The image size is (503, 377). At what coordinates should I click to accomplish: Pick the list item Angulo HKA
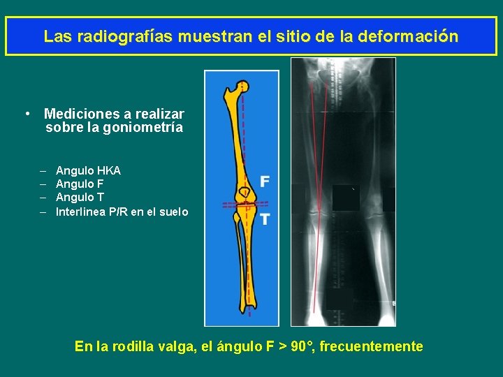pyautogui.click(x=88, y=170)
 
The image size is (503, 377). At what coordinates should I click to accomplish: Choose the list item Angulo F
pyautogui.click(x=80, y=184)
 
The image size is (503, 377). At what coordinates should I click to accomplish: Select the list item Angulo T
pyautogui.click(x=80, y=198)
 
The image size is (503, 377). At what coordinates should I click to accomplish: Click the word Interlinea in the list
pyautogui.click(x=80, y=212)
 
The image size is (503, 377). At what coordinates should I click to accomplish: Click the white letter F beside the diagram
pyautogui.click(x=265, y=182)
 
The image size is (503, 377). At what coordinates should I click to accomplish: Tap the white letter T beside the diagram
pyautogui.click(x=265, y=219)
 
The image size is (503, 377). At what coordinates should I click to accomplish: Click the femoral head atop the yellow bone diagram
pyautogui.click(x=242, y=87)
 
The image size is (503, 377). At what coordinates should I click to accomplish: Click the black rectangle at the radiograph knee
pyautogui.click(x=346, y=199)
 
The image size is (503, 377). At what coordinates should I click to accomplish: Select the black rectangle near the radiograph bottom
pyautogui.click(x=340, y=299)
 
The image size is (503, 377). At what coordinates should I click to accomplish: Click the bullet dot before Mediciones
pyautogui.click(x=25, y=114)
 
